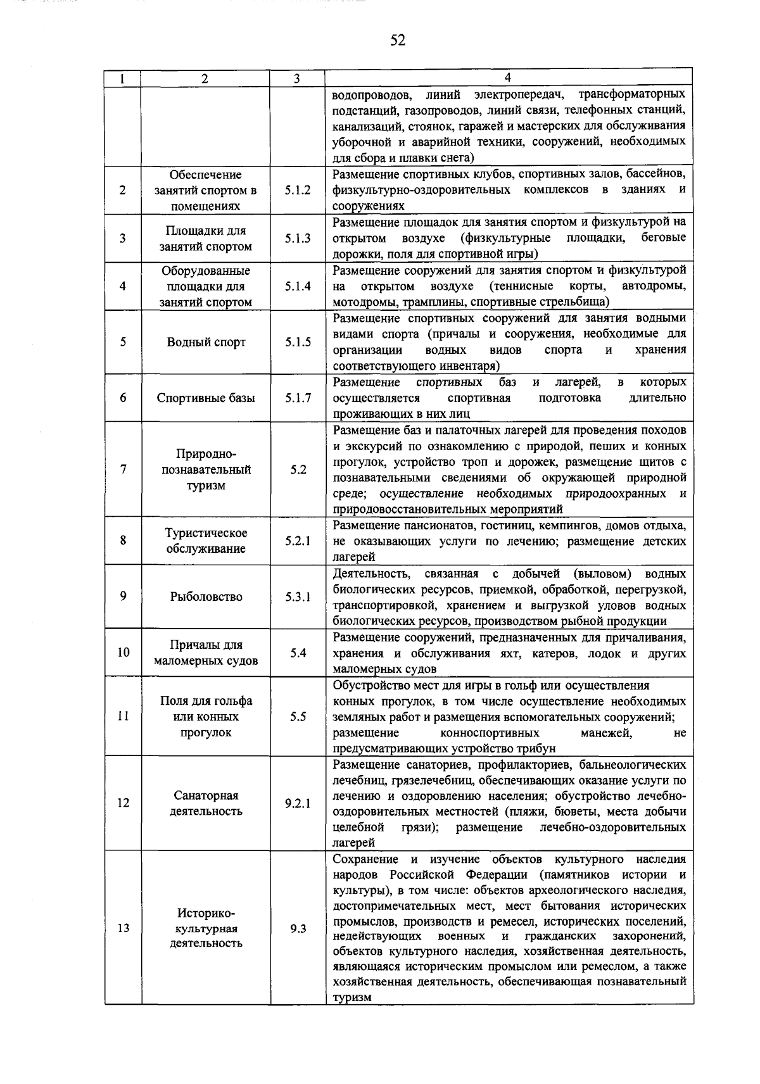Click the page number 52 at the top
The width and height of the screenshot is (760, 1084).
pos(397,41)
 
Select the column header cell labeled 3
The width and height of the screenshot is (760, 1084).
pos(296,79)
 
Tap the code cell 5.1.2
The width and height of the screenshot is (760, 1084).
pos(298,190)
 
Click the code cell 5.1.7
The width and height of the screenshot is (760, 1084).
pos(298,398)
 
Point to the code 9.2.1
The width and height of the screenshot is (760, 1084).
pos(298,804)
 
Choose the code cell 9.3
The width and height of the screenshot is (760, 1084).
pos(298,928)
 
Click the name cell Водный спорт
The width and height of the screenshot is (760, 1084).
pos(206,343)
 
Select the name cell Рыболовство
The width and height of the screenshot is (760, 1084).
pos(206,597)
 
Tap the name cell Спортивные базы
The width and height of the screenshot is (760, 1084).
pos(206,398)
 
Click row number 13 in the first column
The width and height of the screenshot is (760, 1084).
pos(123,928)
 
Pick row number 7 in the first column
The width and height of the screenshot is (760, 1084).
pos(123,469)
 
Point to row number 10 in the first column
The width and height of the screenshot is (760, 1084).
pos(123,652)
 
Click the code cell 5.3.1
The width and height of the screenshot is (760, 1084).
pos(298,597)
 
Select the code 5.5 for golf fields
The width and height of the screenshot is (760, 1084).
pos(298,717)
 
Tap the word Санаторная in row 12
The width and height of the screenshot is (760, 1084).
pos(206,795)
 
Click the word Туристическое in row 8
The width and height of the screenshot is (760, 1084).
pos(206,533)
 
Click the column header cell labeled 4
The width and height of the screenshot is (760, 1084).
pos(507,78)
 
